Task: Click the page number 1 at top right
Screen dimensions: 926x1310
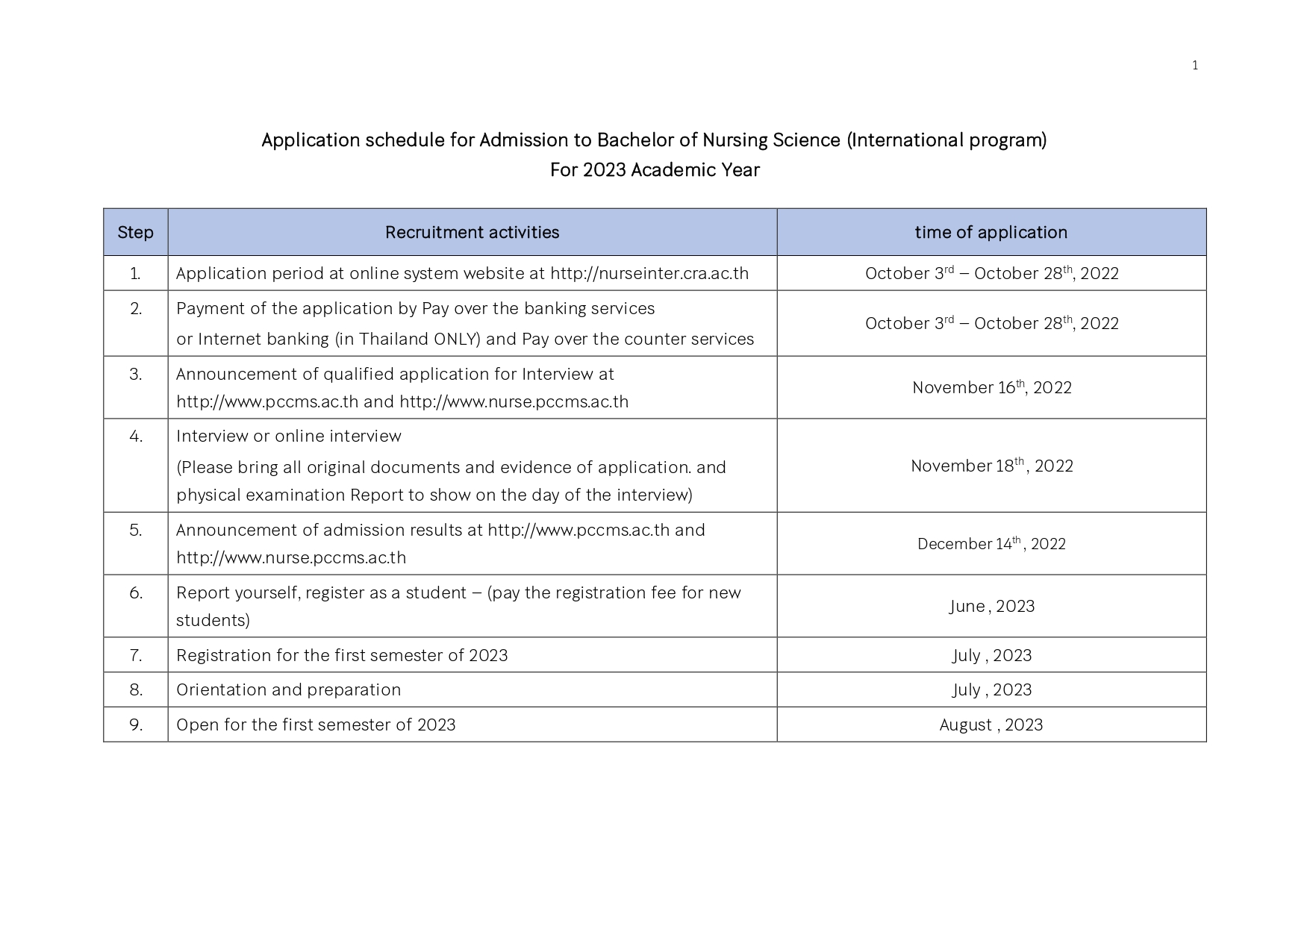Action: (x=1194, y=66)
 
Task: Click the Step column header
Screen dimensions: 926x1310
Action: (x=135, y=232)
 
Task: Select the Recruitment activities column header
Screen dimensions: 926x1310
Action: (x=472, y=232)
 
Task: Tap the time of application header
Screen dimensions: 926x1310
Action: (x=991, y=232)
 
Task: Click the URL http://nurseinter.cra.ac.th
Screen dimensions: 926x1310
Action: (x=649, y=273)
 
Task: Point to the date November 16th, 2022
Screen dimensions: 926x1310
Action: (x=991, y=387)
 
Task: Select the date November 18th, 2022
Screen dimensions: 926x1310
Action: (x=991, y=466)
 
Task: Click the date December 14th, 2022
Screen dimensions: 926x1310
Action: (x=991, y=543)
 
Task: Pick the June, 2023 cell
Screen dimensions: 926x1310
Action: (x=991, y=606)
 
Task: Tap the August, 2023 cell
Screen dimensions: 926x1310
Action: (x=991, y=725)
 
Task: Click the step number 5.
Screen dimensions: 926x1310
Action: (x=135, y=530)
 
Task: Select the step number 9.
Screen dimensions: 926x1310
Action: (x=135, y=725)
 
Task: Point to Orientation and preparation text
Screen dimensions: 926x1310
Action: (x=288, y=689)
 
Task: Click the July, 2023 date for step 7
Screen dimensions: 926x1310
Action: (x=991, y=655)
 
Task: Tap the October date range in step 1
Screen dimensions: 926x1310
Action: (x=991, y=273)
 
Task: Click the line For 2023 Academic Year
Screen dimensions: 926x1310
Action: (x=655, y=170)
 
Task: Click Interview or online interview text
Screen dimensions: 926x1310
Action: (x=288, y=436)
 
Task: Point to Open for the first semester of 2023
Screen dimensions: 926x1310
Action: (x=315, y=725)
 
